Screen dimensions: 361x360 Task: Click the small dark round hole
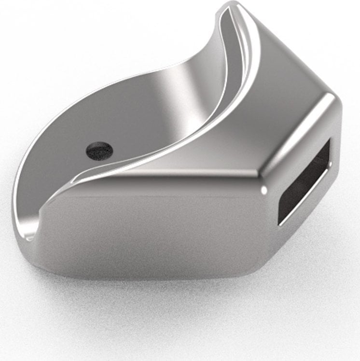tap(99, 150)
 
